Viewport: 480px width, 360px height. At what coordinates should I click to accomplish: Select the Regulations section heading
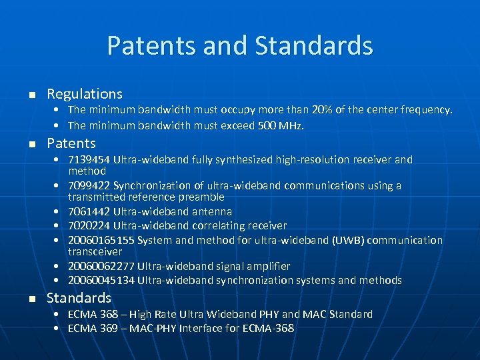85,94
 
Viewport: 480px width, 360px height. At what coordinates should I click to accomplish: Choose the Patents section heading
71,143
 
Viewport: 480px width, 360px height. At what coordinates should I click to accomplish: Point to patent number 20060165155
101,240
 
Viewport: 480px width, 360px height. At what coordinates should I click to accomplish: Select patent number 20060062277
101,266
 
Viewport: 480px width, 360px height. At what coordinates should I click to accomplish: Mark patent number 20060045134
101,281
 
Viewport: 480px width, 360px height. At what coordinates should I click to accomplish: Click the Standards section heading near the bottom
79,298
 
